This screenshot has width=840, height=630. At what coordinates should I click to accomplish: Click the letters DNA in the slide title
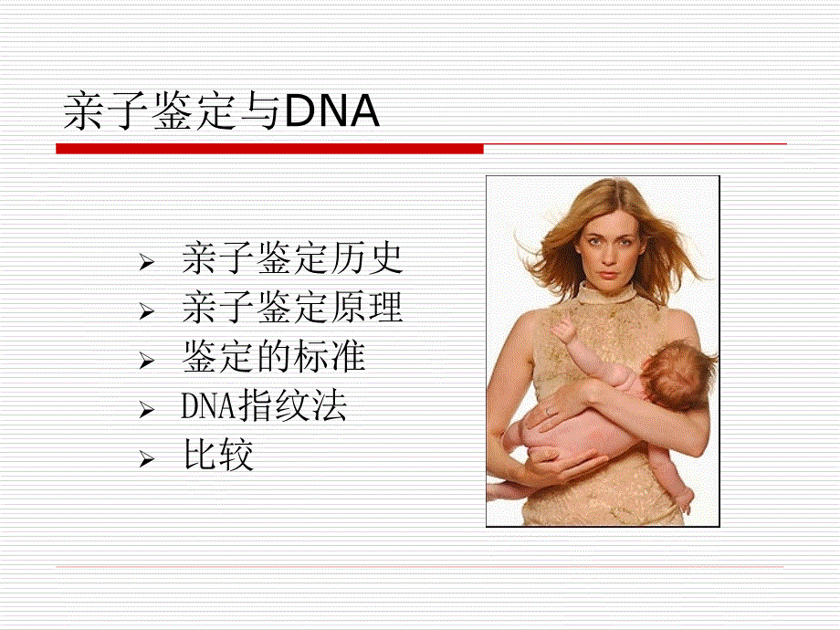[332, 111]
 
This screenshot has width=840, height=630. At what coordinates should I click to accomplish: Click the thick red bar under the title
[269, 149]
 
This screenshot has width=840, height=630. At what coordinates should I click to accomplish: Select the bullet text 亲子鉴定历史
[292, 258]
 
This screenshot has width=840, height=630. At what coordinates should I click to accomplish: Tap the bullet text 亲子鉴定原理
[292, 308]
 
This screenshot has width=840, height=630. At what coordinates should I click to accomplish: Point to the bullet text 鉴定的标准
[274, 357]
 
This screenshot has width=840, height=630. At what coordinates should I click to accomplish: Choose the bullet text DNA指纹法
[264, 405]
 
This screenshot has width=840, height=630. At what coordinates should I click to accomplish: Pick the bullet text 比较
[218, 455]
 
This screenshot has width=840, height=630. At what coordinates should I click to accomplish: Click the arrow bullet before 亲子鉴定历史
[147, 263]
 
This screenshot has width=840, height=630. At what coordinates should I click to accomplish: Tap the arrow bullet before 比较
[147, 459]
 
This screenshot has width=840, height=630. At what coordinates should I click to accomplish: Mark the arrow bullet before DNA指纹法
[147, 410]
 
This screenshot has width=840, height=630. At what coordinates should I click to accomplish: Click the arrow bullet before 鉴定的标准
[147, 361]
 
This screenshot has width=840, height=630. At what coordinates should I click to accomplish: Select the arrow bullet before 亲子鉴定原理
[147, 311]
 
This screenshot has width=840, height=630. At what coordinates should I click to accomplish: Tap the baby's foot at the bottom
[684, 501]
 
